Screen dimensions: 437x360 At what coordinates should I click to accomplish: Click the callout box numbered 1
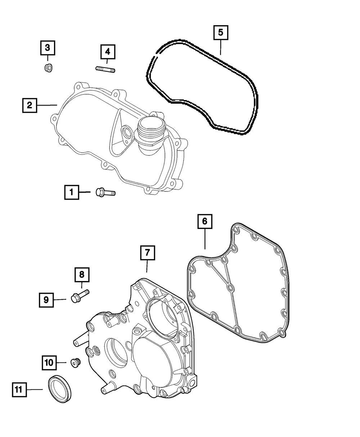point(72,192)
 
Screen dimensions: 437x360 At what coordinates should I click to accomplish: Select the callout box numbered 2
point(29,105)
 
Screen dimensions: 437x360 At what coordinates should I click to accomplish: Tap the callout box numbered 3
point(48,47)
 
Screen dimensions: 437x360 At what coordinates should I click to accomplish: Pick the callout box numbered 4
point(107,52)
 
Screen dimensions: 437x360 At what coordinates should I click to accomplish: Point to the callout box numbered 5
point(220,32)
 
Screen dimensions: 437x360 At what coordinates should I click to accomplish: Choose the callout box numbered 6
point(204,222)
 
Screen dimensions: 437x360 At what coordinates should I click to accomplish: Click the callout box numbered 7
point(147,253)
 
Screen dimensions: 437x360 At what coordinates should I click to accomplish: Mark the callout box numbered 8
point(82,275)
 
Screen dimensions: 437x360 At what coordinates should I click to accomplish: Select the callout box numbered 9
point(46,299)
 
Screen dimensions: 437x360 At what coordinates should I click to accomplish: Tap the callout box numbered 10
point(49,362)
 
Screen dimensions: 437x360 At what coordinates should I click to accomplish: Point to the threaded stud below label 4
point(105,69)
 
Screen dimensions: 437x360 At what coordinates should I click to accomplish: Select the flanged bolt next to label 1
point(105,193)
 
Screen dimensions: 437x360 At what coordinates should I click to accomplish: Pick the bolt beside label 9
point(80,296)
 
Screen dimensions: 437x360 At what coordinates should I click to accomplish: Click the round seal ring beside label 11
point(60,389)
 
